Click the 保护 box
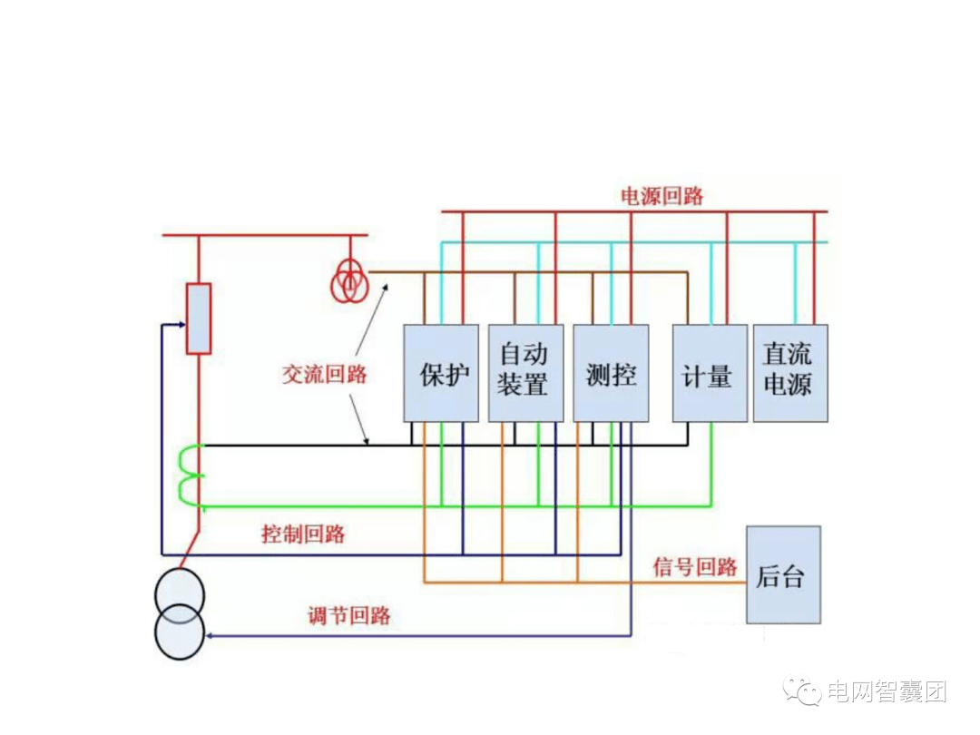pos(441,373)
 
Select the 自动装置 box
pos(525,373)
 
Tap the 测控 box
pos(611,373)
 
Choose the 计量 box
pos(710,373)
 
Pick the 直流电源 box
pos(790,373)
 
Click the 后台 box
pos(783,574)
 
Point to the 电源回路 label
pos(661,196)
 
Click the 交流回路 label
pos(324,374)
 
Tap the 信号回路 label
pos(695,567)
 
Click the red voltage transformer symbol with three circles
pos(348,283)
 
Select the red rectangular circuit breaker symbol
pos(199,318)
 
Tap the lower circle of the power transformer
pos(180,633)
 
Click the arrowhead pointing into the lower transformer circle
pos(210,636)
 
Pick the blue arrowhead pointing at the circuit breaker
pos(181,324)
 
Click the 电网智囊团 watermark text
pos(885,692)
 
